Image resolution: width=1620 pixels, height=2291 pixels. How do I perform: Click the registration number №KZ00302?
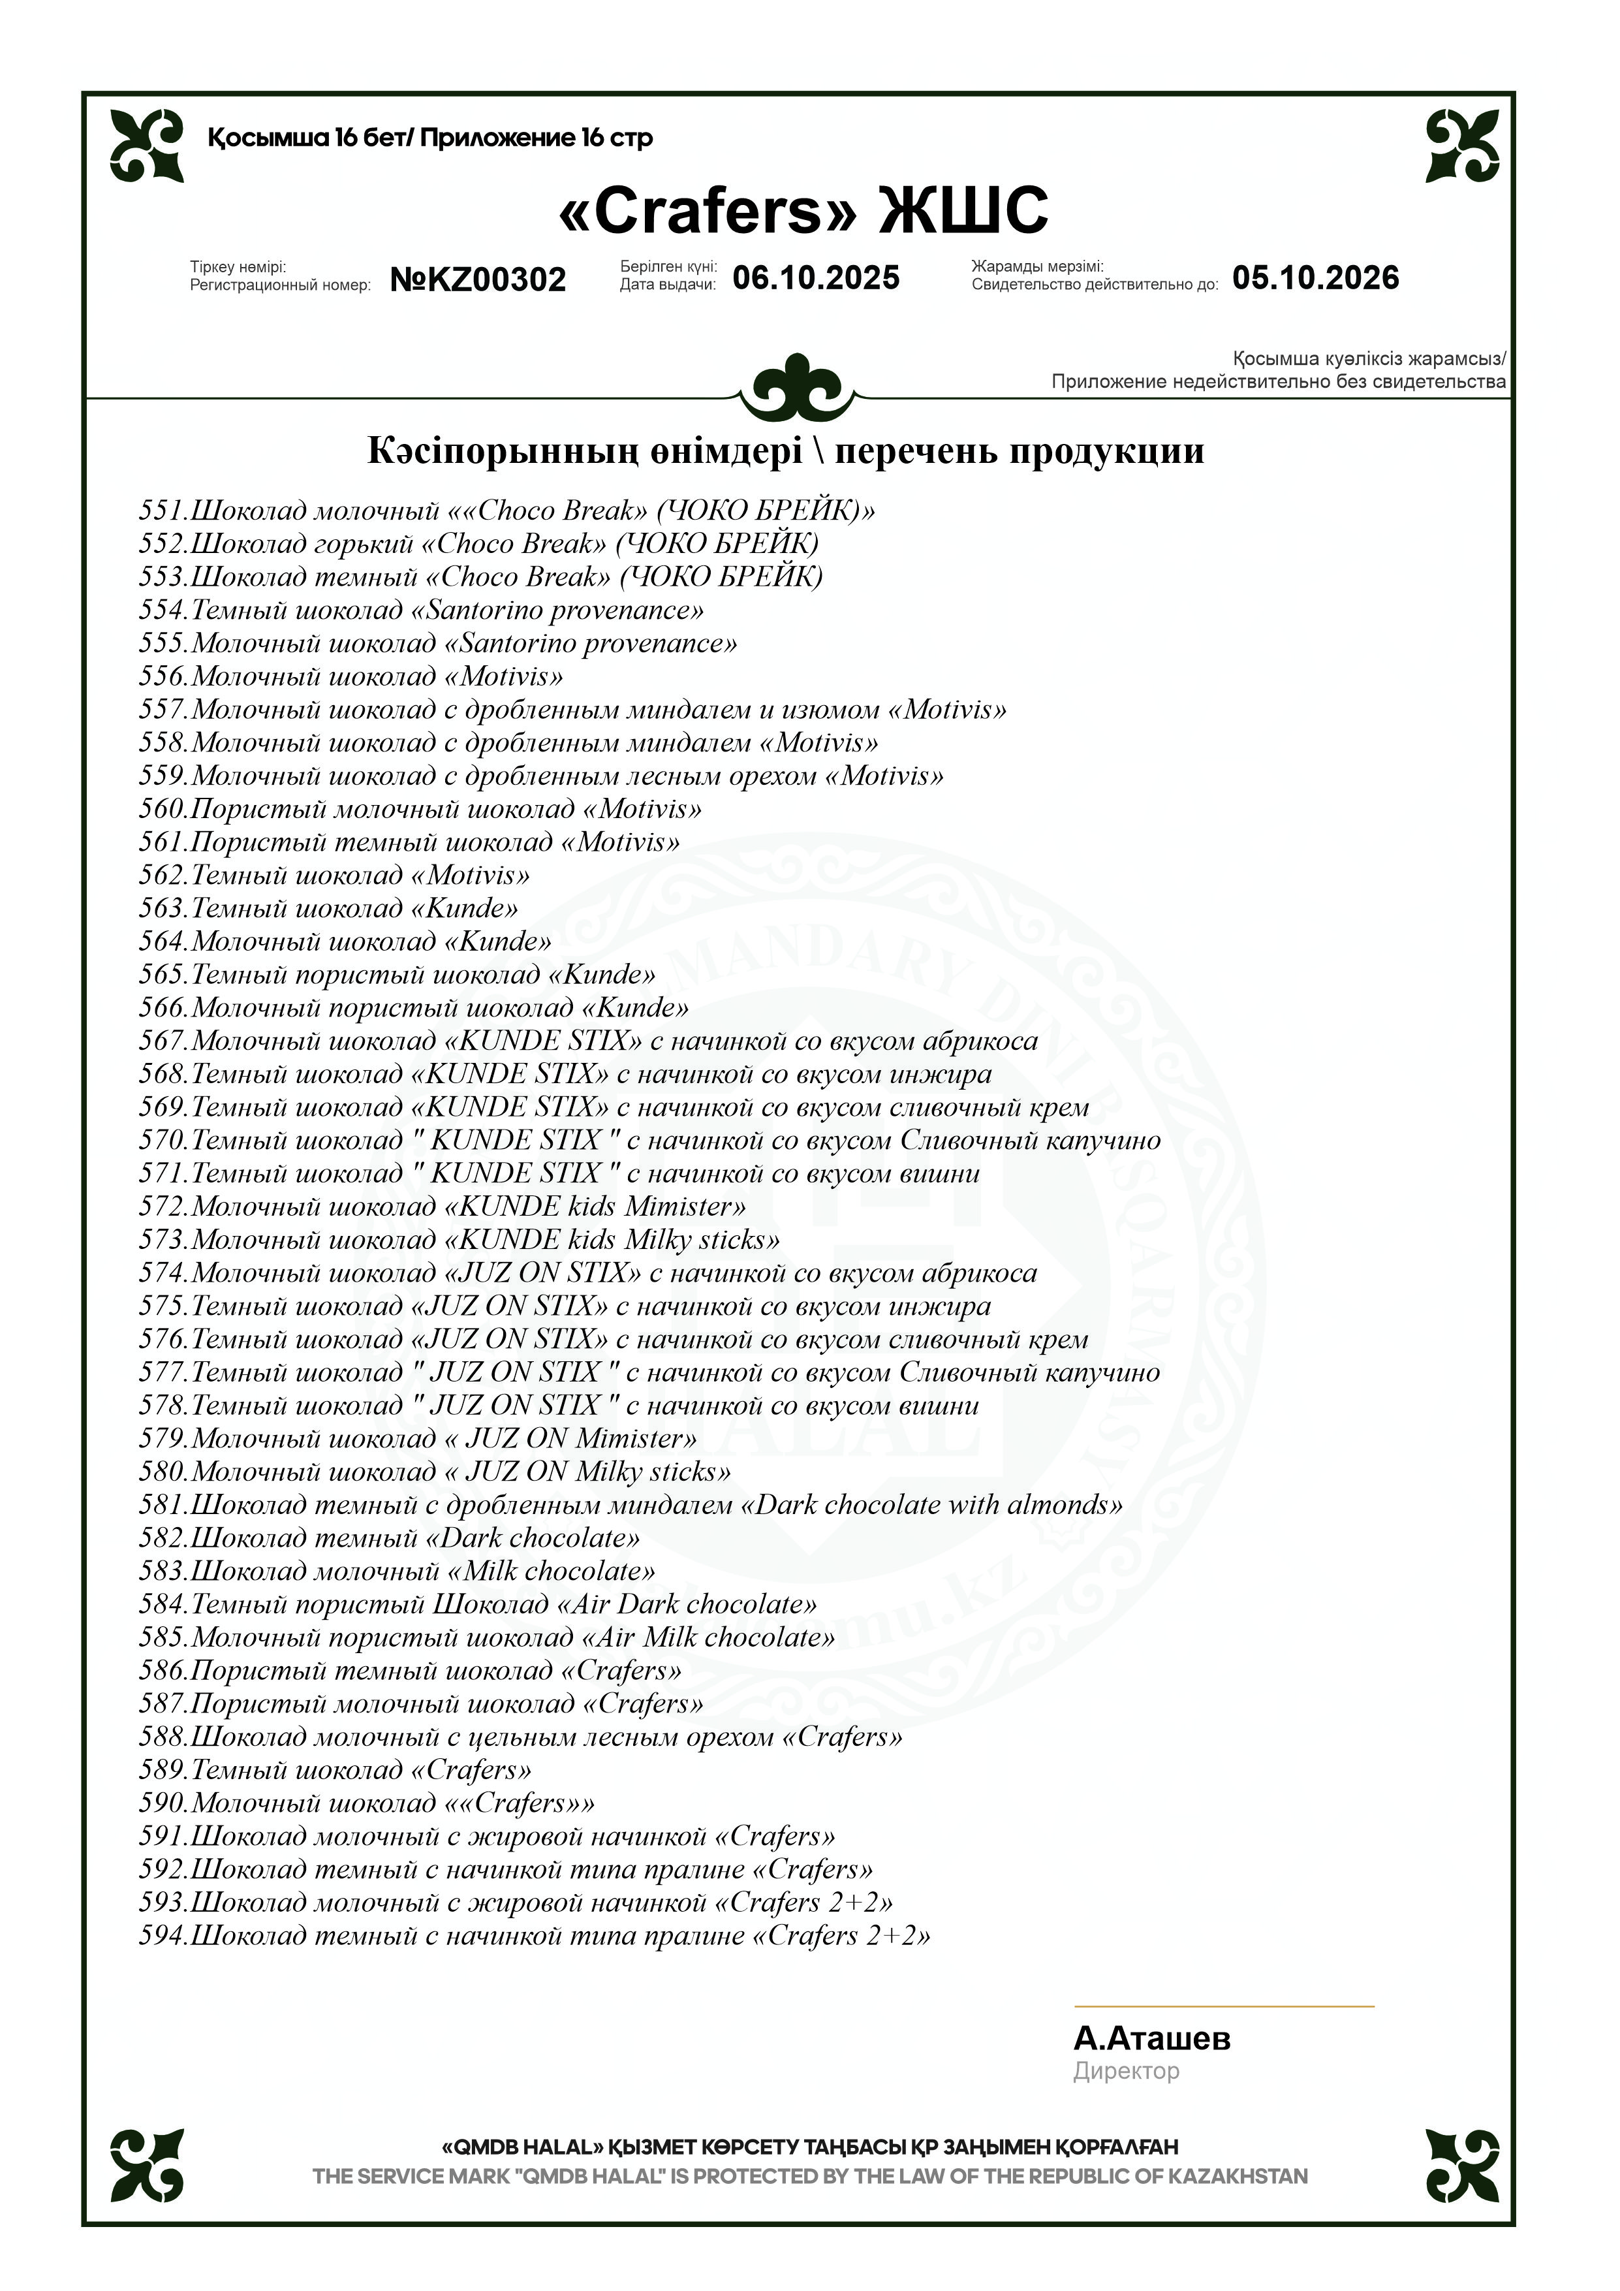[x=478, y=279]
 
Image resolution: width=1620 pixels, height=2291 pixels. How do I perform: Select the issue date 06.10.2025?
[x=816, y=277]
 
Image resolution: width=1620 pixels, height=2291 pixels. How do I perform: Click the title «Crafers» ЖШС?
[x=803, y=210]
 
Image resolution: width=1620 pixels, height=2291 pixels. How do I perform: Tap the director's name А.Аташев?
[x=1151, y=2038]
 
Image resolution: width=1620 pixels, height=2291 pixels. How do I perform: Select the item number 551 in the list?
[x=162, y=511]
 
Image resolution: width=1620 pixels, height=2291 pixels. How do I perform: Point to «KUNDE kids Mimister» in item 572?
[x=595, y=1207]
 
